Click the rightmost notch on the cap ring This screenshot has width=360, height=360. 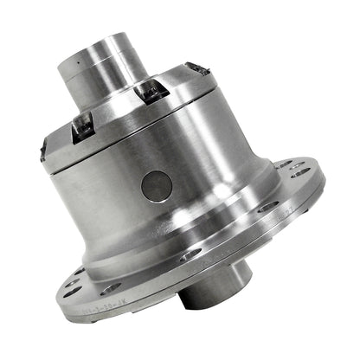pyautogui.click(x=198, y=68)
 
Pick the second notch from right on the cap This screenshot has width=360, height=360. pyautogui.click(x=150, y=88)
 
